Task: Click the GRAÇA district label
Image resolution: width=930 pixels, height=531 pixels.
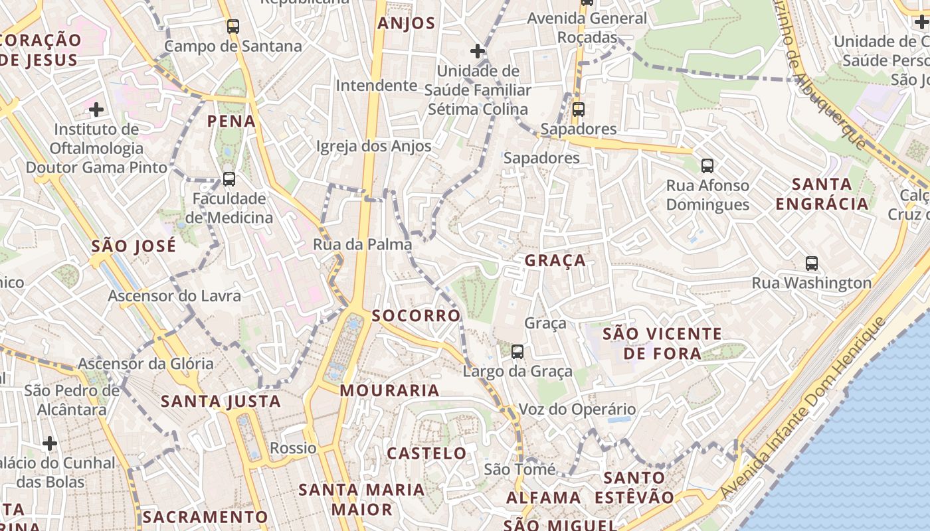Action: coord(555,261)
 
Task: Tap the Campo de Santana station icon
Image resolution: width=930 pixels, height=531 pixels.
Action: coord(232,27)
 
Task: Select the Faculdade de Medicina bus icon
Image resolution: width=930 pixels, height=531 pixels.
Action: coord(229,179)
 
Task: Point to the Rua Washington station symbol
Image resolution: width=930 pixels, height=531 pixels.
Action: coord(811,264)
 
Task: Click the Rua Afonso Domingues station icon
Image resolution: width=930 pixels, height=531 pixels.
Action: coord(707,166)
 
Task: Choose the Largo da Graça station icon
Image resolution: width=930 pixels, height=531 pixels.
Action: coord(517,352)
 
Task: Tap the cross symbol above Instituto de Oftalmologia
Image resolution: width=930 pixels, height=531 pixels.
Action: coord(96,109)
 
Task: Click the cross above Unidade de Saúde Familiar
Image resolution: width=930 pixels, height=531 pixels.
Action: coord(477,51)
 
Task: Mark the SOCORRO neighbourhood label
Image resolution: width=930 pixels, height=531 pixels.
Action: coord(417,316)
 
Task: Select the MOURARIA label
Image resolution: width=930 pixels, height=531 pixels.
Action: coord(389,391)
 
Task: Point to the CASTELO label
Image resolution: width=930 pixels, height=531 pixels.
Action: coord(427,454)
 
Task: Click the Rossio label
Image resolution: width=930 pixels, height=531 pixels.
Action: coord(293,448)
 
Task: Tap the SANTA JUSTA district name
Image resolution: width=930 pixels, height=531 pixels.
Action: coord(221,402)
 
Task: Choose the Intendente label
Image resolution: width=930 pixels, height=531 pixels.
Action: coord(377,86)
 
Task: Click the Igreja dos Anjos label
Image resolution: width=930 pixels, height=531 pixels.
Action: coord(374,146)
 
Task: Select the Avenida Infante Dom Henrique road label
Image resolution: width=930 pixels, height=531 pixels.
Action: coord(804,408)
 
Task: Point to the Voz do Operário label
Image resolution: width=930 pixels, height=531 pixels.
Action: coord(577,410)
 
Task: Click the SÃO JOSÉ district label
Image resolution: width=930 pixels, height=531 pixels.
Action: coord(134,246)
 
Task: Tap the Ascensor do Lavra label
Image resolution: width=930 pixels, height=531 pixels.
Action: coord(174,296)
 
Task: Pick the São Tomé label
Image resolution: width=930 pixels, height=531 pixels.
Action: coord(519,470)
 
